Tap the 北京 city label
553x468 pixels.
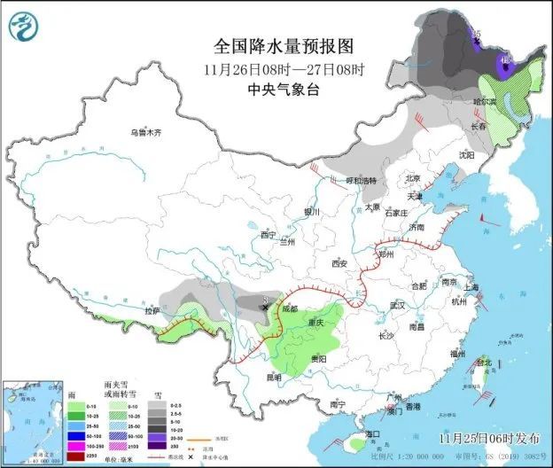[x=412, y=177]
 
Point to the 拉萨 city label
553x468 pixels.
[x=152, y=311]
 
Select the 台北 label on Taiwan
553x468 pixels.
[x=484, y=363]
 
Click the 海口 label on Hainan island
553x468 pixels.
[x=375, y=434]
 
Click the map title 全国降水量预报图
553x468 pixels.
[x=276, y=44]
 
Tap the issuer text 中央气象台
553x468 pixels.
[x=276, y=89]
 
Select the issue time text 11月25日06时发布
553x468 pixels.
[x=487, y=438]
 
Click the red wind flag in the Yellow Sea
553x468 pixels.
[x=483, y=218]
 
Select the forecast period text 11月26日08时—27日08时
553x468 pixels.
[x=276, y=67]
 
